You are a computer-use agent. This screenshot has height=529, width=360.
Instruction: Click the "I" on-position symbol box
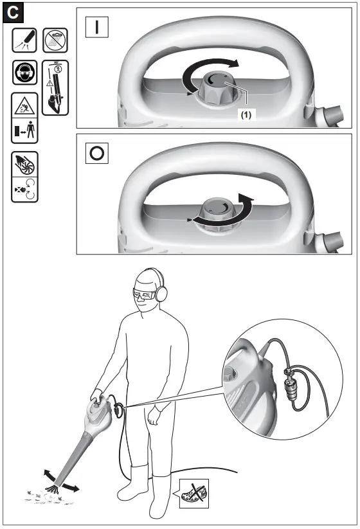click(x=98, y=28)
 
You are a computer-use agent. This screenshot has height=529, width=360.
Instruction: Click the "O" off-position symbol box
click(x=98, y=154)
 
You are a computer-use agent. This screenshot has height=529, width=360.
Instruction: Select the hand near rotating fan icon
click(x=24, y=164)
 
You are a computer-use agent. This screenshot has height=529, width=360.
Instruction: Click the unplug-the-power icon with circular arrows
click(x=24, y=190)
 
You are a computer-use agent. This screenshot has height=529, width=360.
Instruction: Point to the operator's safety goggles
click(x=145, y=295)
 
